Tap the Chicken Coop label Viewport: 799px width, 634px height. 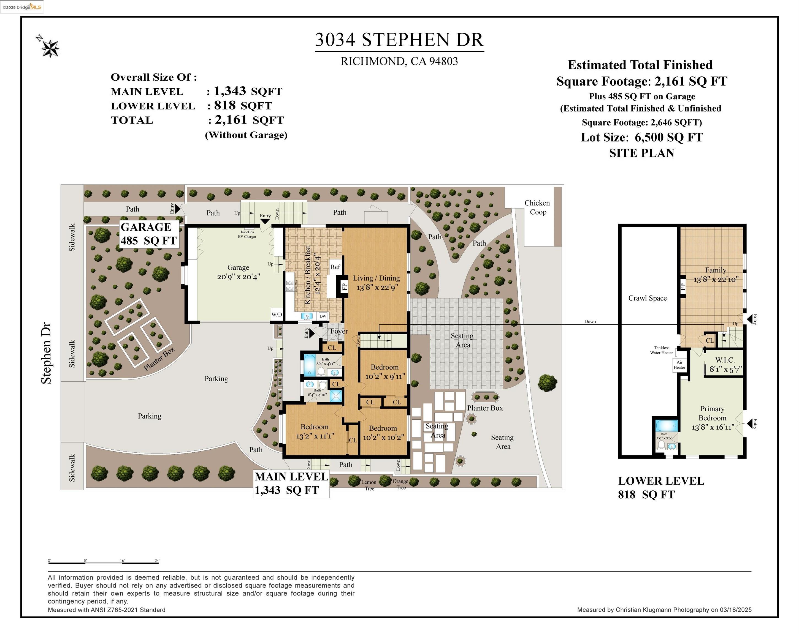pos(537,207)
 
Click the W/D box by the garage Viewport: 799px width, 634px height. pos(277,315)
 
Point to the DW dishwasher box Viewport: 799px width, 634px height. pos(323,316)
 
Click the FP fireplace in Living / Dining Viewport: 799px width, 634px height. pos(344,286)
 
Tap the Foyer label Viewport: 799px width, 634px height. pos(339,331)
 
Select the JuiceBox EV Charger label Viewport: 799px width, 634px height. pos(247,234)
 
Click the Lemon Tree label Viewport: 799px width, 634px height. pos(369,485)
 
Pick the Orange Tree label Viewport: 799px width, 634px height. pos(401,484)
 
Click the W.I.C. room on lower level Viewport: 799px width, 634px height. pos(725,364)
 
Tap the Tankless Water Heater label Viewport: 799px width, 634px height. pos(662,350)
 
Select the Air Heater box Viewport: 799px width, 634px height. pos(679,365)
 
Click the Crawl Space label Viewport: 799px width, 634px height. pos(648,298)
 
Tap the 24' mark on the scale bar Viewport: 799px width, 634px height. pos(157,561)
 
